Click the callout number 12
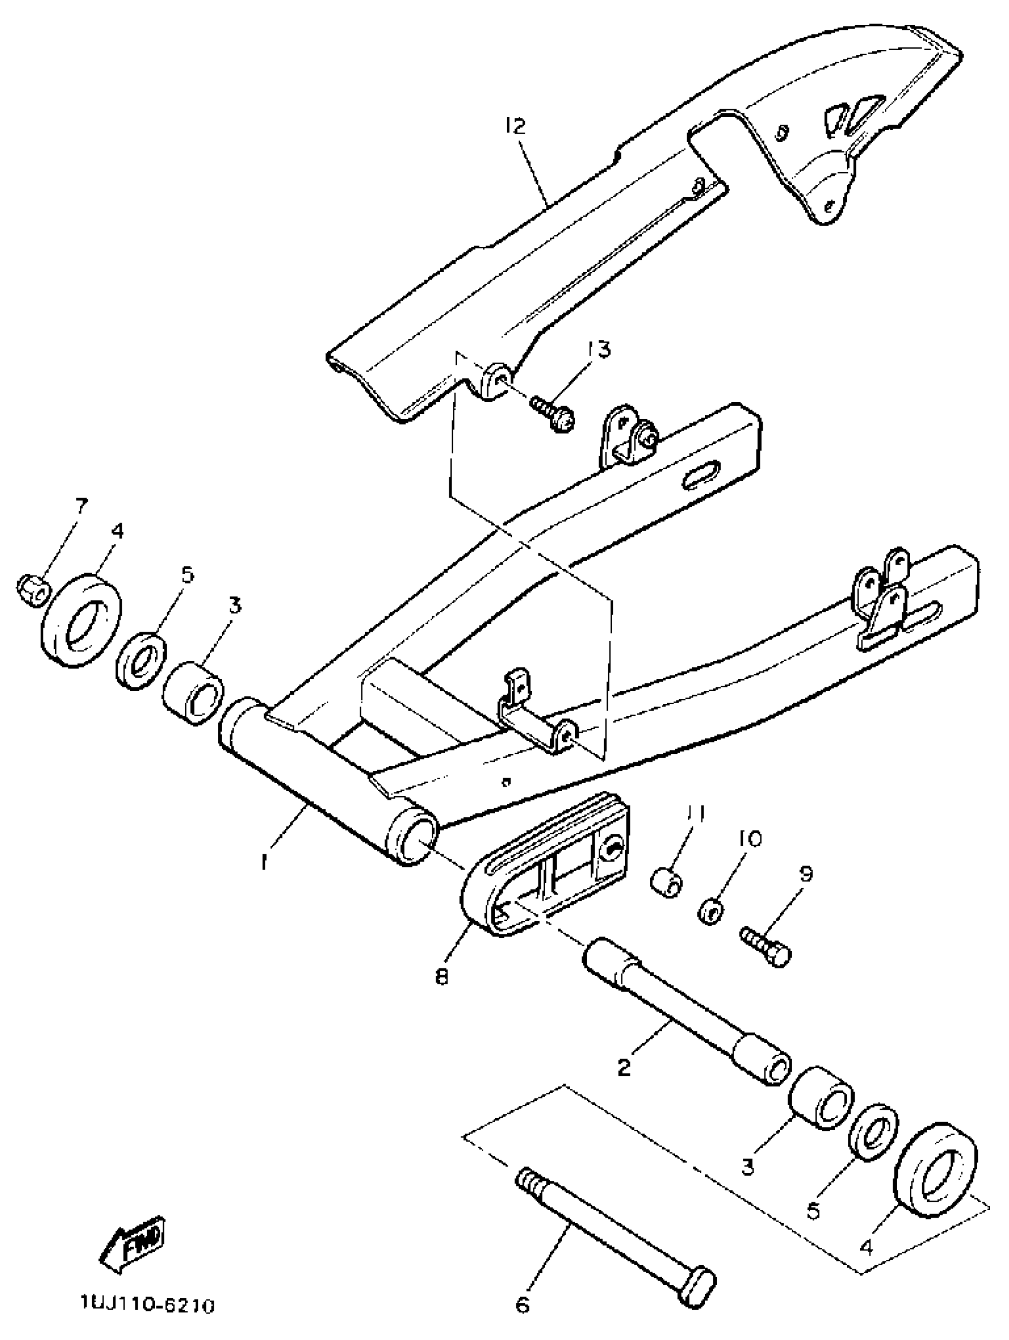515,126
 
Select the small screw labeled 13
553,413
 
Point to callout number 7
81,505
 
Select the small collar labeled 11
667,883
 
